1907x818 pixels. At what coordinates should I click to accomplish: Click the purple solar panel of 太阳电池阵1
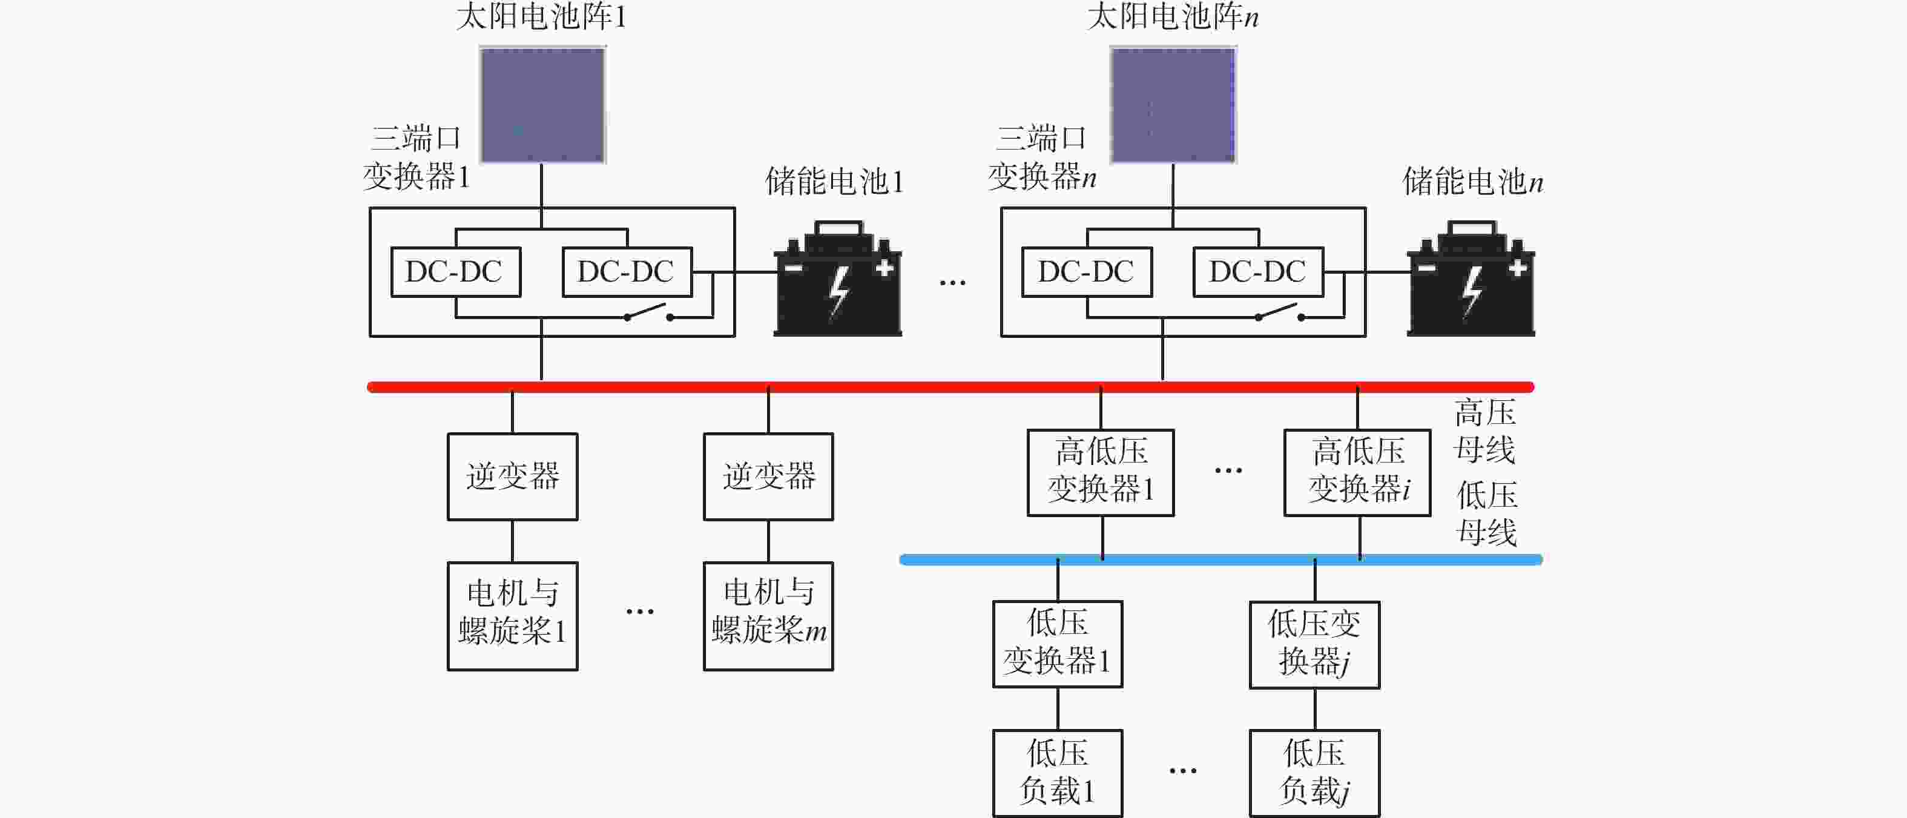tap(542, 104)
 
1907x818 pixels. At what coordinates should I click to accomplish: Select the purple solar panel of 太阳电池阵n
tap(1173, 104)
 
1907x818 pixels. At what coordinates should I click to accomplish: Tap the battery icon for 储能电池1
tap(837, 280)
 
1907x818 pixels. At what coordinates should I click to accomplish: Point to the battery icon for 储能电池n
tap(1471, 280)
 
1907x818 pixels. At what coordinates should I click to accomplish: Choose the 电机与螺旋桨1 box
tap(512, 616)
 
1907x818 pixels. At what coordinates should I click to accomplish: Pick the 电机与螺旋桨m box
tap(768, 616)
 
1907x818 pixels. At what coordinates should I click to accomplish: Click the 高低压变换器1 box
tap(1101, 472)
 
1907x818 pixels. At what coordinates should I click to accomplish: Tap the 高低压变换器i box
tap(1357, 472)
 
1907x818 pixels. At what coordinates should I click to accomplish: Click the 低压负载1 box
tap(1057, 773)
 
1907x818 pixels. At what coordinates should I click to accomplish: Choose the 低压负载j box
tap(1314, 773)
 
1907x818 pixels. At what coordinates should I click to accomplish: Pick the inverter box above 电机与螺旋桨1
tap(512, 477)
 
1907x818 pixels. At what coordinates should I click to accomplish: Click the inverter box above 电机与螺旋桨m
tap(768, 477)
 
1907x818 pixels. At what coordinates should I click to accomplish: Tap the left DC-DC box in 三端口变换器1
tap(455, 272)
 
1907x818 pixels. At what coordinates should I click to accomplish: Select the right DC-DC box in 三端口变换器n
tap(1258, 272)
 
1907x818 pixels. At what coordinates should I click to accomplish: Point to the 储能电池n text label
tap(1473, 182)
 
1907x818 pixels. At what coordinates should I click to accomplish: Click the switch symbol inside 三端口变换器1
tap(648, 312)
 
